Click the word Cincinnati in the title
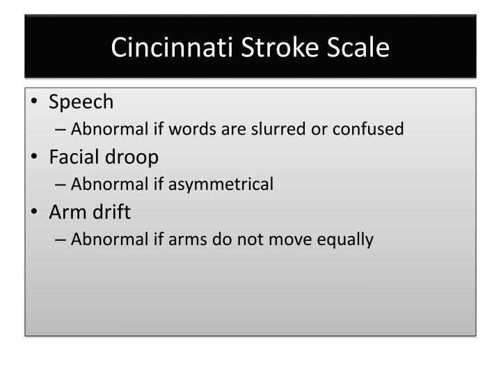[163, 47]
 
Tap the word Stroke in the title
[264, 47]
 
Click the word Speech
[81, 102]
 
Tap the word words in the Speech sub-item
[177, 129]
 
